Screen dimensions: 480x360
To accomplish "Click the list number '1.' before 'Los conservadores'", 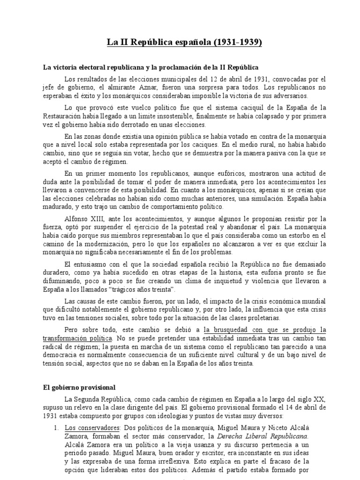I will (x=55, y=428).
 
